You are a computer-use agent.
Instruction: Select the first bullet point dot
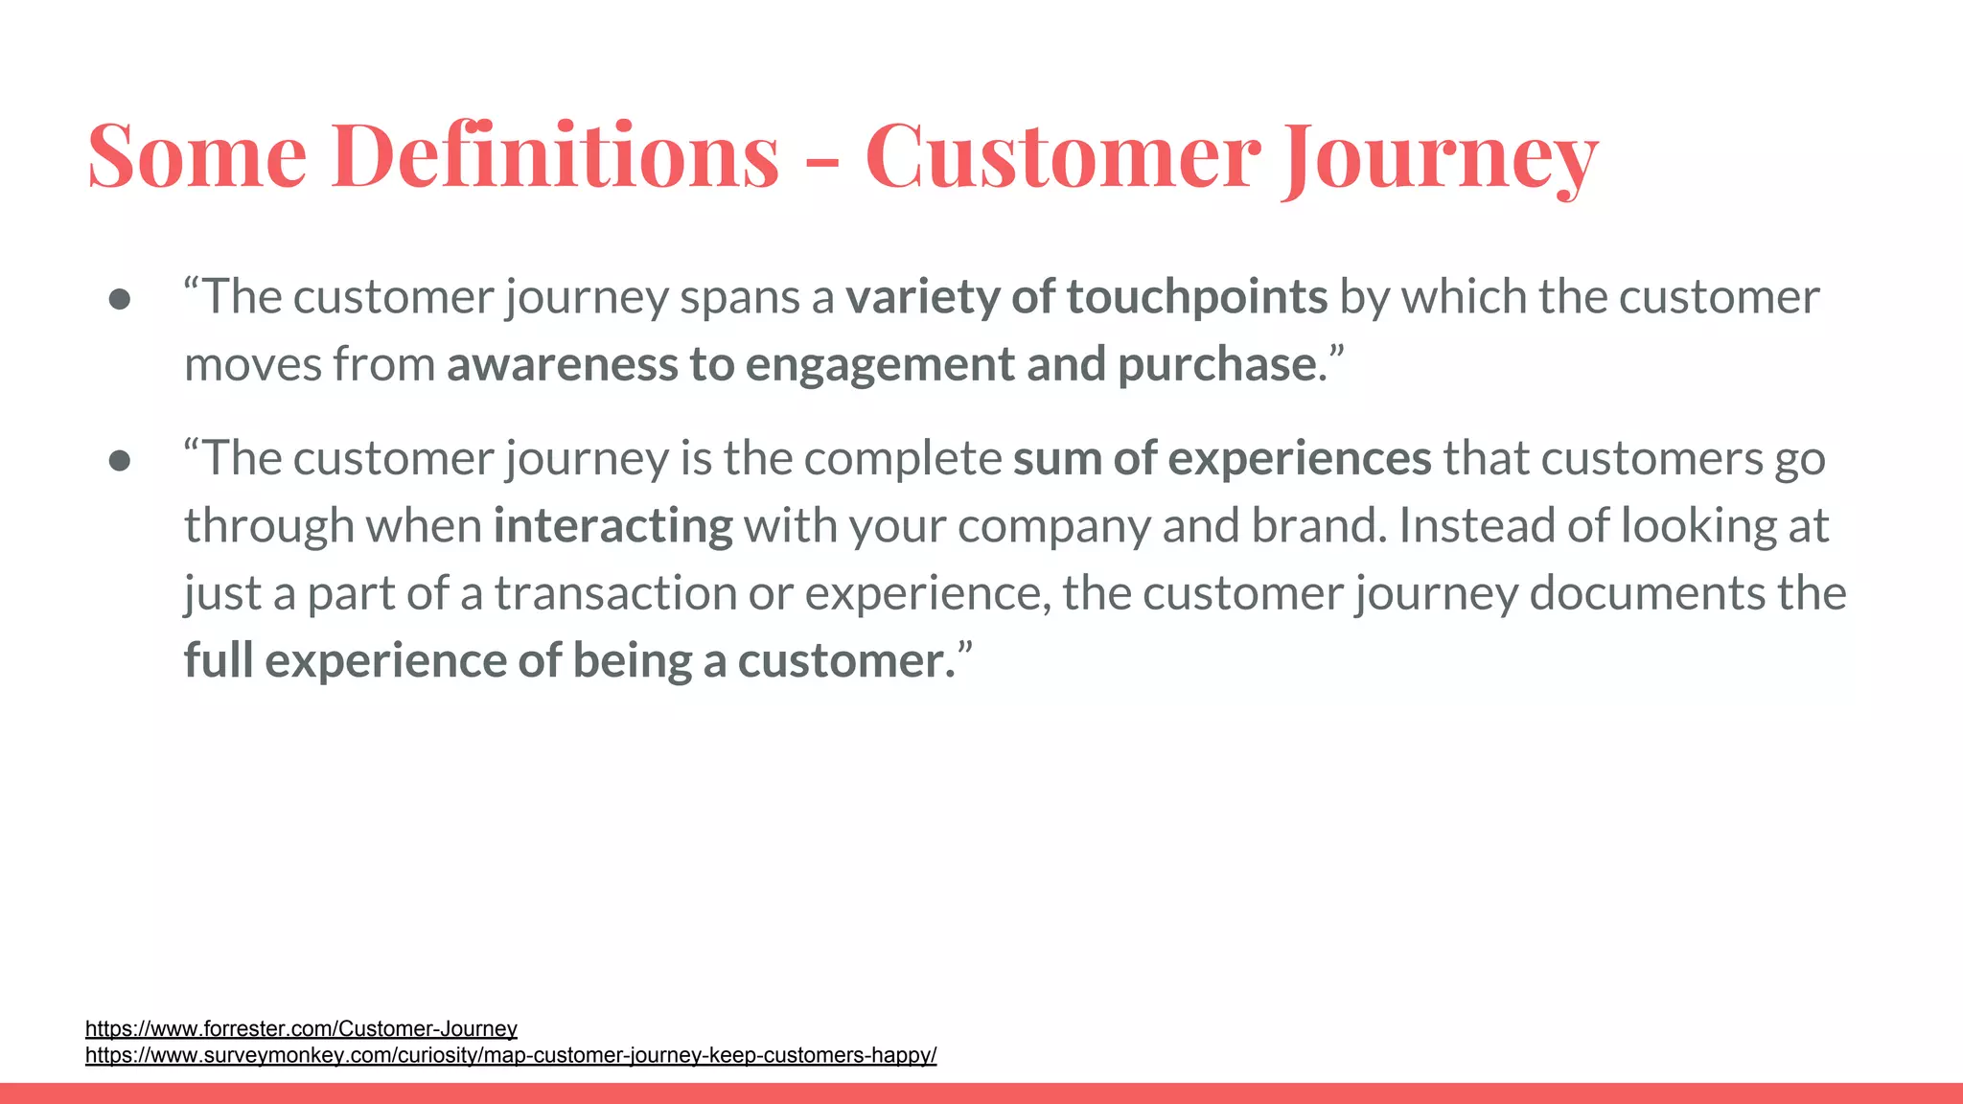pos(120,299)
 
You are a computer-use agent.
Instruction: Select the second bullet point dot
pos(120,461)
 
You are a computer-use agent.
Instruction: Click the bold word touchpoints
pos(1197,297)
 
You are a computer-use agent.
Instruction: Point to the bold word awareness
pos(562,365)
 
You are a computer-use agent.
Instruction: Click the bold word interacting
pos(613,526)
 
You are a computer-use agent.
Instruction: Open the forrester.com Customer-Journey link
pos(301,1029)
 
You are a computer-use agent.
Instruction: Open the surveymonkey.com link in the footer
pos(511,1055)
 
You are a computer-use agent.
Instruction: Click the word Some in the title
pos(197,155)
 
